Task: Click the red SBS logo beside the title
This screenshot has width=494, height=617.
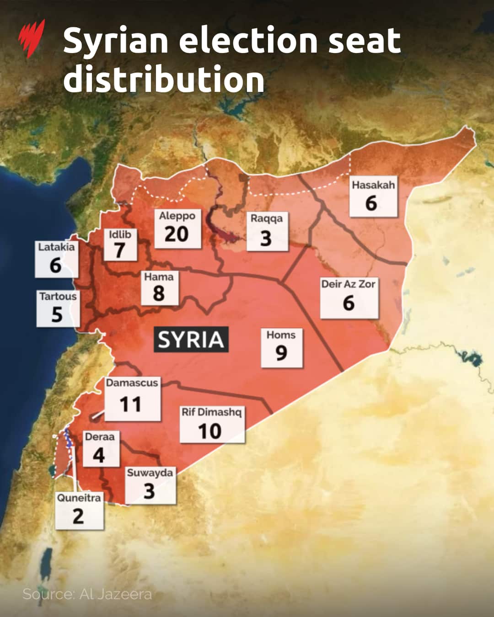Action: (x=32, y=38)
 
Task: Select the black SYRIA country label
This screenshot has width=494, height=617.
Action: (x=191, y=340)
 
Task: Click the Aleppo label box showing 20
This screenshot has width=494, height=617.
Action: (x=177, y=228)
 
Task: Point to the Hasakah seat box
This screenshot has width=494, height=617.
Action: (x=373, y=197)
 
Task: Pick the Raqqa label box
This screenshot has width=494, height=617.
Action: (x=267, y=231)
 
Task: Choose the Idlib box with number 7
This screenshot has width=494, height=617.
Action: (x=120, y=245)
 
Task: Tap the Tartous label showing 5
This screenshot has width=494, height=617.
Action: (x=58, y=308)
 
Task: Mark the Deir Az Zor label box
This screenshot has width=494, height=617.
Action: (x=349, y=298)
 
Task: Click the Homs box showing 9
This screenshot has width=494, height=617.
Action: (x=281, y=347)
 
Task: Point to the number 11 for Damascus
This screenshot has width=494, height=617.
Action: (x=130, y=404)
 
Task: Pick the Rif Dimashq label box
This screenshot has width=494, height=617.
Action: (x=212, y=425)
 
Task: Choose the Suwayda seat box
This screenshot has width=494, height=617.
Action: (x=150, y=485)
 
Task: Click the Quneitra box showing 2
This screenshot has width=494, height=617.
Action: (x=79, y=510)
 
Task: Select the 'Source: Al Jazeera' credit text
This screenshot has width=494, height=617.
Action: (x=87, y=594)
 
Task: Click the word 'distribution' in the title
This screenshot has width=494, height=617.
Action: (x=164, y=80)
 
